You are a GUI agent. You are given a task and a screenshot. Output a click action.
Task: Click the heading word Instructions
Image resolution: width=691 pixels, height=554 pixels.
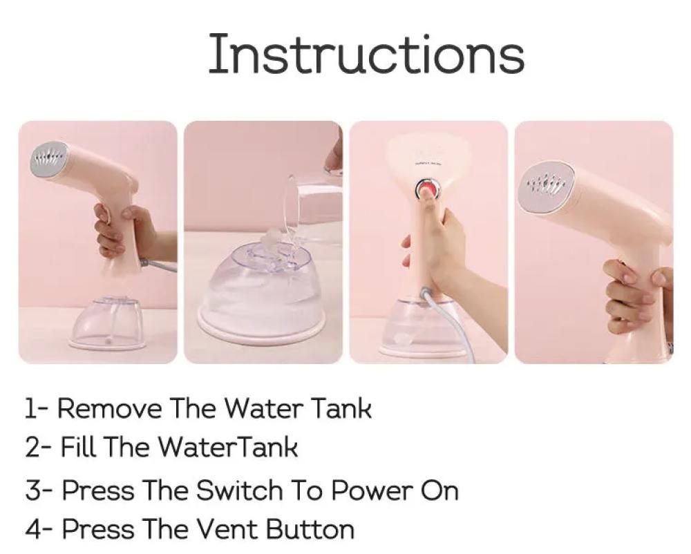coord(366,54)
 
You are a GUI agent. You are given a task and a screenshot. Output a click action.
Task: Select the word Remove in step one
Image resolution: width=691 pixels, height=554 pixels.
coord(109,408)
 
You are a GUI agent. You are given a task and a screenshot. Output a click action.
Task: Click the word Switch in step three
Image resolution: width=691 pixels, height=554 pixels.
coord(239,490)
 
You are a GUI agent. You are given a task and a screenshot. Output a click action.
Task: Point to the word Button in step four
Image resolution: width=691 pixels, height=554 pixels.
coord(310,528)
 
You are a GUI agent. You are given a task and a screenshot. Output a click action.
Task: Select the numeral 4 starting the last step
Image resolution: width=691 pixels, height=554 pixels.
coord(32,528)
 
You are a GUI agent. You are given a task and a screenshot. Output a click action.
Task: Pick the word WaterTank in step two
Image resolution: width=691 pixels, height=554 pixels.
coord(227,446)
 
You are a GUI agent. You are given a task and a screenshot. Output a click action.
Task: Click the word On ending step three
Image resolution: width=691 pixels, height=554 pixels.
coord(439,490)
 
